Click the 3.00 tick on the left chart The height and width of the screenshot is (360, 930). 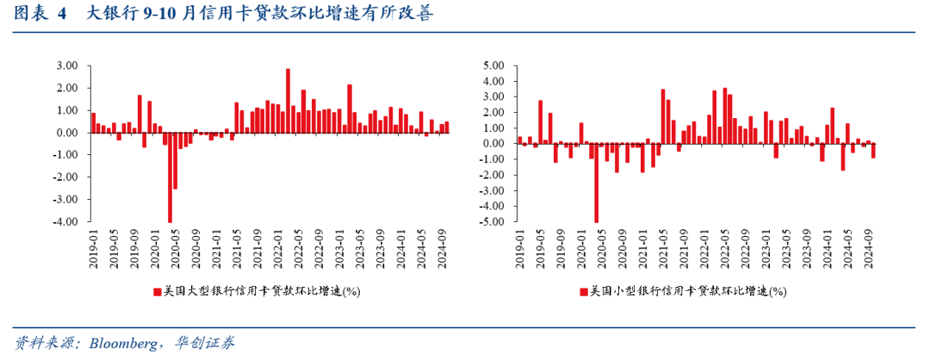[66, 65]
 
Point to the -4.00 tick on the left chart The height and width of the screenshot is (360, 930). [65, 222]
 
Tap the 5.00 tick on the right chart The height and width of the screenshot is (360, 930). [494, 65]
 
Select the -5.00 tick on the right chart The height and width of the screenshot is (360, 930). [493, 222]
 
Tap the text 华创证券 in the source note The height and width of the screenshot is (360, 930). [209, 343]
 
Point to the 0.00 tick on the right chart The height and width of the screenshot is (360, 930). [494, 144]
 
